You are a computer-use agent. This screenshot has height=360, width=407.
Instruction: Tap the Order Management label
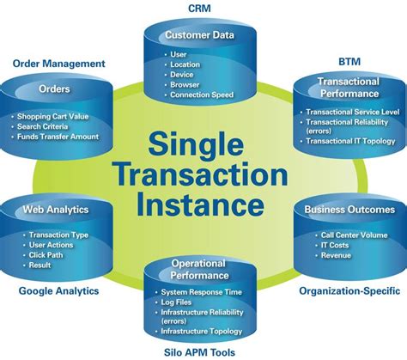coord(59,64)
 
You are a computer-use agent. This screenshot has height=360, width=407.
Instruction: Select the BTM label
coord(349,62)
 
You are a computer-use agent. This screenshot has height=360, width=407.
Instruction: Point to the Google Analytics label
coord(58,290)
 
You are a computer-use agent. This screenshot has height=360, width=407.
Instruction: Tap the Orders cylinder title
coord(54,88)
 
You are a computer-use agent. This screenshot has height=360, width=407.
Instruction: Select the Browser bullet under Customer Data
coord(186,84)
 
